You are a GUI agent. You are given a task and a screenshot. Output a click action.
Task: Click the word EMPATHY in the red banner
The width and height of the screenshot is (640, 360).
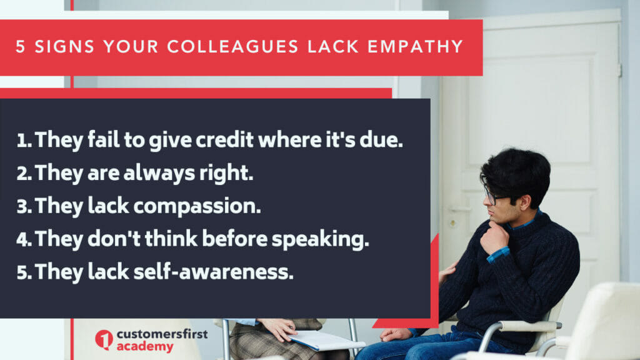[x=415, y=46]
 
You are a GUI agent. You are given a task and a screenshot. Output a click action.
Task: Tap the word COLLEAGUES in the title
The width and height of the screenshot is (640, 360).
[x=232, y=46]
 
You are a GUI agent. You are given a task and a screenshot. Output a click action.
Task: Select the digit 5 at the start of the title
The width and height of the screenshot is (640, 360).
[x=21, y=46]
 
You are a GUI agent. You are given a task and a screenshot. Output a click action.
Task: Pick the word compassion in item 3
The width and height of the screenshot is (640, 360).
[x=197, y=206]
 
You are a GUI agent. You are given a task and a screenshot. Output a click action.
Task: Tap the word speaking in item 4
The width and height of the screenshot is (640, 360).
[x=321, y=239]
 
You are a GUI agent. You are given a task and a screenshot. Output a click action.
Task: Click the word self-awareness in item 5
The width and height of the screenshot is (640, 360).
[x=213, y=272]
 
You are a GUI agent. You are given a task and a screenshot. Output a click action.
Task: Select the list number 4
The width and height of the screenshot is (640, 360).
[x=24, y=239]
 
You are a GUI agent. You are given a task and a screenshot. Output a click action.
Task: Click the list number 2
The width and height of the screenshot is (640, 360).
[x=24, y=174]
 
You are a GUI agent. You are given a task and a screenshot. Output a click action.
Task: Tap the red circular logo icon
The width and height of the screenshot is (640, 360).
[x=104, y=339]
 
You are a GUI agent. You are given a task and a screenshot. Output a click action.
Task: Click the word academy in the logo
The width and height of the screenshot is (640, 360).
[x=145, y=347]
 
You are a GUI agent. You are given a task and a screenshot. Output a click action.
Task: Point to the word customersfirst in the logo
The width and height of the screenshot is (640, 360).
[x=162, y=334]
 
